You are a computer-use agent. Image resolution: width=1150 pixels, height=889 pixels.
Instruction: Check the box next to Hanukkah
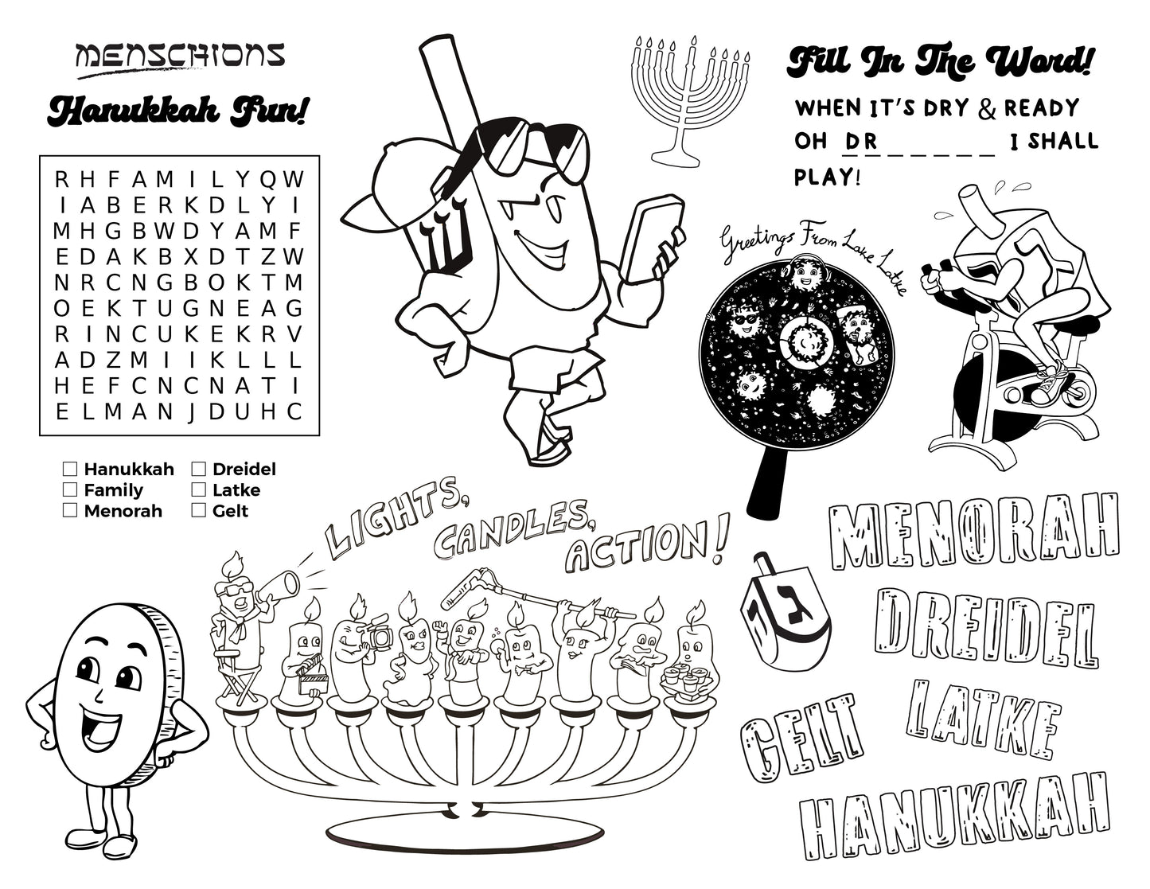tap(70, 469)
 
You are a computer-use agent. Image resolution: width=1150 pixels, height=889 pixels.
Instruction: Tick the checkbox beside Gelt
tap(198, 510)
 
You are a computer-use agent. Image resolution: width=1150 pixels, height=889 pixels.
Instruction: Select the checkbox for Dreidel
tap(198, 469)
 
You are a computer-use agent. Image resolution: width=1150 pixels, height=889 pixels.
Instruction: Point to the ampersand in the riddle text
tap(988, 108)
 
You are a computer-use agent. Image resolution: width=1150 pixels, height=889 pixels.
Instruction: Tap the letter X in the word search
tap(191, 257)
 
